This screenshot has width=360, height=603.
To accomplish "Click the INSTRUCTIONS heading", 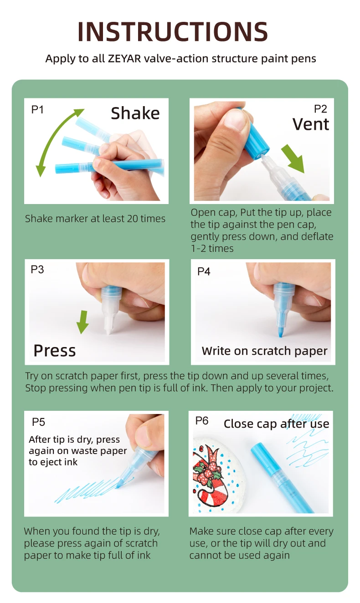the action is tap(173, 31).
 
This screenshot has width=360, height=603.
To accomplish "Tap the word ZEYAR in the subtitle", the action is tap(124, 58).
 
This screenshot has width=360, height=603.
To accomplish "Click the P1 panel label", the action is tap(37, 110).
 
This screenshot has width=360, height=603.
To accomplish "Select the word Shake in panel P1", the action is tap(135, 113).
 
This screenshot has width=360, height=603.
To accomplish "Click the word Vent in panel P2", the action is tap(311, 124).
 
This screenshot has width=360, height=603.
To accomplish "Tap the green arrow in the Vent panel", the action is tap(293, 158).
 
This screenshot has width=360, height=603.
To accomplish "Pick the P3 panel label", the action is tap(37, 270).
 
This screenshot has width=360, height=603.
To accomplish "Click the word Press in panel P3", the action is tap(55, 351).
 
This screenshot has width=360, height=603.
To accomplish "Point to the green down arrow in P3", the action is tap(82, 322).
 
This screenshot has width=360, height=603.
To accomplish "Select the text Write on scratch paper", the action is tap(264, 351).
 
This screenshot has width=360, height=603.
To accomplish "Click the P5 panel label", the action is tap(38, 422).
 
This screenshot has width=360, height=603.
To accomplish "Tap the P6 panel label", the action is tap(202, 420).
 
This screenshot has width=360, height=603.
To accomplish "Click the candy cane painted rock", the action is tap(219, 475).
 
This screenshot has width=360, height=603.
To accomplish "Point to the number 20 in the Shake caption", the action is tap(133, 219).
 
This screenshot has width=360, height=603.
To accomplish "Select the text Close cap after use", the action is tap(277, 424).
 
